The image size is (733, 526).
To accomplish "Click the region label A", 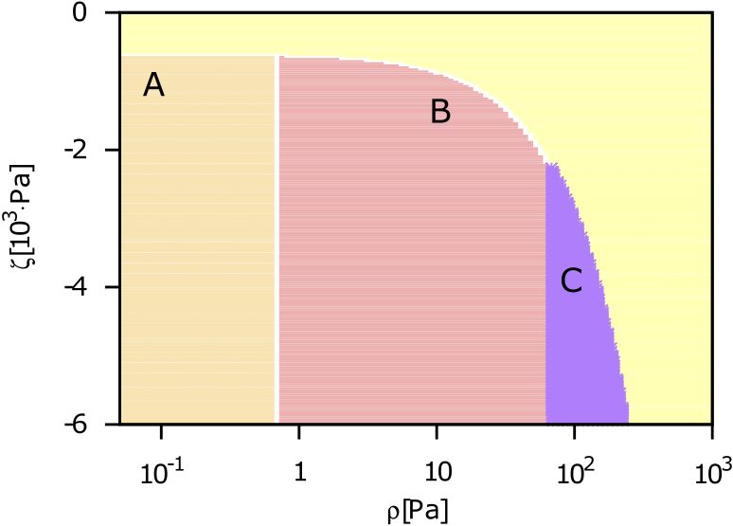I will pyautogui.click(x=153, y=86).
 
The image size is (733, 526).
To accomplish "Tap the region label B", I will pyautogui.click(x=439, y=112).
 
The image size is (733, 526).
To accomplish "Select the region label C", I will pyautogui.click(x=571, y=281).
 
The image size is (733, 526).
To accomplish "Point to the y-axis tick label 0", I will pyautogui.click(x=82, y=13).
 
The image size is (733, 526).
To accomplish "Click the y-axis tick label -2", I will pyautogui.click(x=78, y=150).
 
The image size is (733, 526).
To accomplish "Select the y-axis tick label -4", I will pyautogui.click(x=78, y=287).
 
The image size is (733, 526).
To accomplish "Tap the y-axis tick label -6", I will pyautogui.click(x=78, y=424).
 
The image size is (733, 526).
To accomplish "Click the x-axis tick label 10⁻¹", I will pyautogui.click(x=159, y=470).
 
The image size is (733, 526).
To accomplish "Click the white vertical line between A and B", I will pyautogui.click(x=277, y=237).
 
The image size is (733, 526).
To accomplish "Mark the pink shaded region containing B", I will pyautogui.click(x=407, y=284).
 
